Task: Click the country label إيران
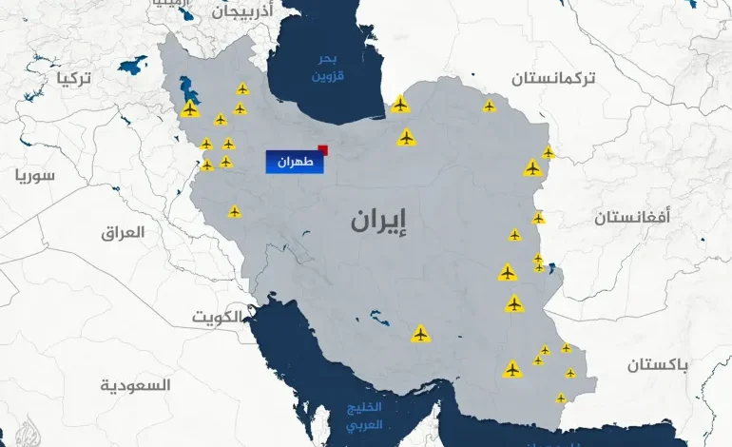tap(378, 221)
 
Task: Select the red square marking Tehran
tap(323, 149)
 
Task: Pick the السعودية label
tap(136, 385)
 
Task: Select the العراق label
tap(123, 231)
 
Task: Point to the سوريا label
tap(35, 175)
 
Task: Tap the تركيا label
tap(73, 77)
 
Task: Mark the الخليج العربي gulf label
tap(364, 418)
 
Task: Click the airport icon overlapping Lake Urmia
tap(189, 109)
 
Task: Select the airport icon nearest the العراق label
tap(234, 211)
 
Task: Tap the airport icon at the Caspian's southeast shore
tap(400, 104)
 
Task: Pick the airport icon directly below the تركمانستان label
tap(489, 106)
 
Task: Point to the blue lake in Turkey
tap(133, 68)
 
